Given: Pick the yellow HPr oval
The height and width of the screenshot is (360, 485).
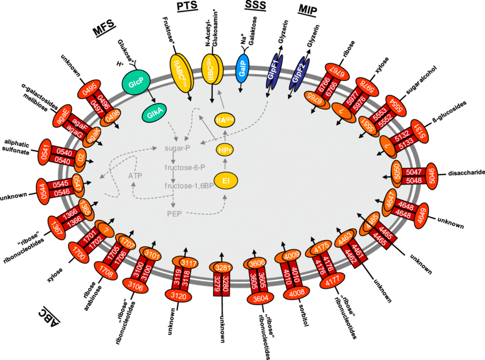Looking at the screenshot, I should (x=225, y=150).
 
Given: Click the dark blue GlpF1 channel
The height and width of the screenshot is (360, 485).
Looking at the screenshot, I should (x=274, y=74).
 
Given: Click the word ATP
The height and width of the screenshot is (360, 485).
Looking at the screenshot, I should (x=135, y=175).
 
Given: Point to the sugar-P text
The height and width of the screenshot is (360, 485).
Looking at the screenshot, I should (x=176, y=148).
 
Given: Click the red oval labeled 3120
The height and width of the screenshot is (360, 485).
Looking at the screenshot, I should (x=179, y=295).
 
